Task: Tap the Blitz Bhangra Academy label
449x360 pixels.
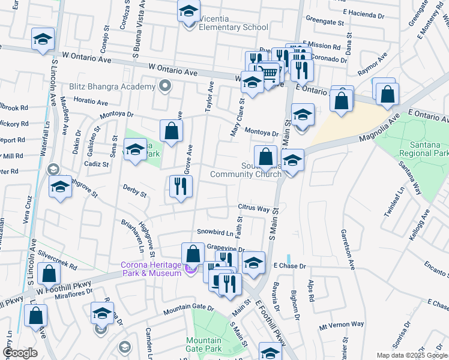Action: tap(112, 87)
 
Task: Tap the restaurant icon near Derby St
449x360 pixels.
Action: tap(181, 187)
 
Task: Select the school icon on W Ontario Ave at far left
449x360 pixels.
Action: tap(43, 40)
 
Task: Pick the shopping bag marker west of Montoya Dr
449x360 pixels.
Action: tap(171, 131)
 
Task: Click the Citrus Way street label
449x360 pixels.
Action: tap(253, 208)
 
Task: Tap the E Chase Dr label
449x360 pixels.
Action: tap(290, 265)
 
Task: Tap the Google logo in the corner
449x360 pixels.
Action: tap(20, 353)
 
